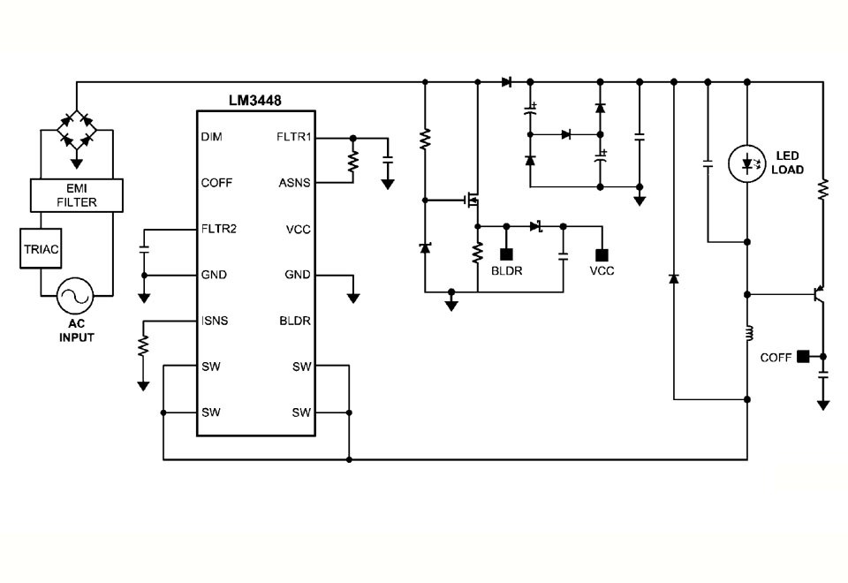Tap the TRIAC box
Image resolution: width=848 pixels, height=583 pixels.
point(41,249)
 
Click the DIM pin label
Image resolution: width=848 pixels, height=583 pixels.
point(211,138)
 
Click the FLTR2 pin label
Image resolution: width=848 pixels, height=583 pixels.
point(218,229)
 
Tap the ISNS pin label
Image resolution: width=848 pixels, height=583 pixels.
point(215,321)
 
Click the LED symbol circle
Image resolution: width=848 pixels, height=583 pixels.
point(746,163)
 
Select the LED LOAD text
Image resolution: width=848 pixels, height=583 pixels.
point(789,163)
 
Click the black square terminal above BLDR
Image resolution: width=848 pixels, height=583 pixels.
point(506,256)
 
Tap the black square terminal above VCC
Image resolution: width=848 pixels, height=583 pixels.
point(602,256)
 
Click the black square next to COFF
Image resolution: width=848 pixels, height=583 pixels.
point(803,356)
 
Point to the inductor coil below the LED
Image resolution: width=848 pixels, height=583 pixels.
point(748,335)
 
